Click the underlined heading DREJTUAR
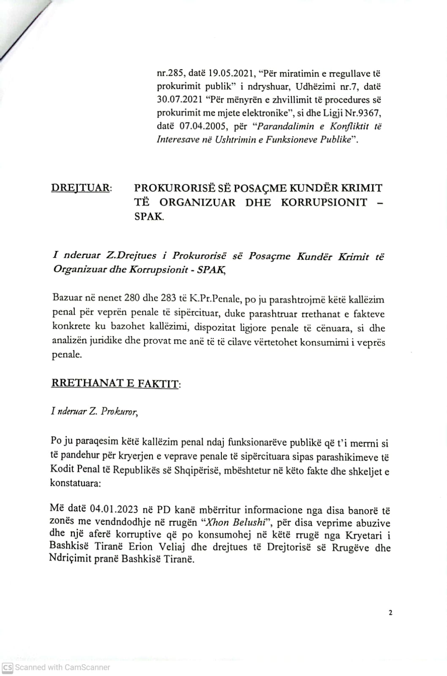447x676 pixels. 81,188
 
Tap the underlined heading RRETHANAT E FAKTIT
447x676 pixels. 115,384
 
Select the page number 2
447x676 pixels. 390,613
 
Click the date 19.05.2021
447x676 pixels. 231,73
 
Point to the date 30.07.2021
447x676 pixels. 179,100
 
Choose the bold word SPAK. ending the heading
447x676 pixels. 149,217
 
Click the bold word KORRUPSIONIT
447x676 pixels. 324,202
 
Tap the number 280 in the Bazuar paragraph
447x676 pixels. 132,299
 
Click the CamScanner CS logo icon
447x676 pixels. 8,667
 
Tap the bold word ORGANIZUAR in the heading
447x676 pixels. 197,202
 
